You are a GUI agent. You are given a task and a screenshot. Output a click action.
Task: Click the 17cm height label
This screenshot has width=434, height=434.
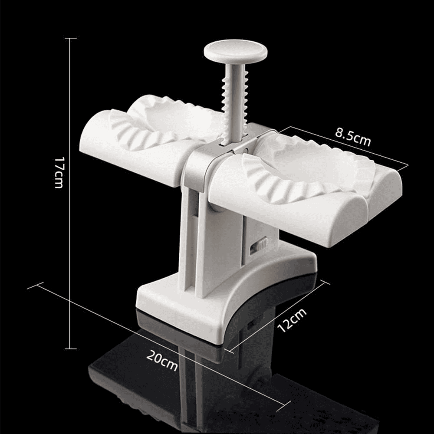click(x=59, y=173)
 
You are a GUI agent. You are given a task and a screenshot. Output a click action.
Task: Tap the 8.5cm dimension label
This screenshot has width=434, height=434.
click(x=353, y=136)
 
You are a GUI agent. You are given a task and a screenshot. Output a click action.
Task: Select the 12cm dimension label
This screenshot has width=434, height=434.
click(x=292, y=320)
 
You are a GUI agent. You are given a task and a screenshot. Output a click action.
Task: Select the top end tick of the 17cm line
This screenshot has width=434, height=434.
click(x=71, y=38)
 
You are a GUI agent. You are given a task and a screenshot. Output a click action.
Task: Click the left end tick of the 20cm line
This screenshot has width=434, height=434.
click(x=35, y=286)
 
